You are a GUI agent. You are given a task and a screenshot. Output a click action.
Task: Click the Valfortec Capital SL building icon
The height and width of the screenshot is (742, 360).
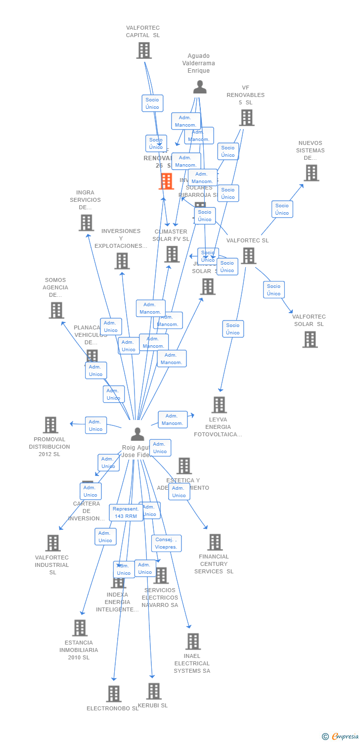pyautogui.click(x=144, y=50)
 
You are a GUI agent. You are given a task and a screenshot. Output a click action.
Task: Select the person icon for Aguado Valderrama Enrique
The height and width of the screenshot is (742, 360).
pyautogui.click(x=200, y=87)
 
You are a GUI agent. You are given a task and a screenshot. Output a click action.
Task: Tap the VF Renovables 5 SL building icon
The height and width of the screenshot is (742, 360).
pyautogui.click(x=247, y=118)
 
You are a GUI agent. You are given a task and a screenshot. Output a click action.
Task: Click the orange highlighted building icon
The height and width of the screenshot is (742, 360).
pyautogui.click(x=167, y=181)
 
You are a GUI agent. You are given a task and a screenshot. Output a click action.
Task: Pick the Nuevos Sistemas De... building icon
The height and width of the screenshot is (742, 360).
pyautogui.click(x=311, y=173)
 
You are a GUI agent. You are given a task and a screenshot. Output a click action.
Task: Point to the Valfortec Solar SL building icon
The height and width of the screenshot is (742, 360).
pyautogui.click(x=310, y=339)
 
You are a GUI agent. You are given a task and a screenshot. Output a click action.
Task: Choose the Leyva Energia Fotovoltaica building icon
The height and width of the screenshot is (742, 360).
pyautogui.click(x=219, y=405)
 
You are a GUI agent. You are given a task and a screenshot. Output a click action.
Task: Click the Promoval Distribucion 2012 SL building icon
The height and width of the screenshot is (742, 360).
pyautogui.click(x=50, y=425)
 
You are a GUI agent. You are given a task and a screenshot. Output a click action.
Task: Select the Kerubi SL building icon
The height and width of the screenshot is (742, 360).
pyautogui.click(x=154, y=691)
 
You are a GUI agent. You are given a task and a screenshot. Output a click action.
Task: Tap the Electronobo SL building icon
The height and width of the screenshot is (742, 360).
pyautogui.click(x=114, y=694)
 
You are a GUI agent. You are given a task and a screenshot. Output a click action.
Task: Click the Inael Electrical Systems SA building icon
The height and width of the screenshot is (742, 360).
pyautogui.click(x=193, y=642)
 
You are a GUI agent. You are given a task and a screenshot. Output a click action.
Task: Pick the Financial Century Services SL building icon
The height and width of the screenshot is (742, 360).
pyautogui.click(x=215, y=542)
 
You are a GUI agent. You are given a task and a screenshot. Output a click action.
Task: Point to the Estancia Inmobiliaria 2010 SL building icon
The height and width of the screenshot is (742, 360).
pyautogui.click(x=80, y=628)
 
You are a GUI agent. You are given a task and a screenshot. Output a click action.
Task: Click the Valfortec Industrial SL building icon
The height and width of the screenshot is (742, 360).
pyautogui.click(x=53, y=543)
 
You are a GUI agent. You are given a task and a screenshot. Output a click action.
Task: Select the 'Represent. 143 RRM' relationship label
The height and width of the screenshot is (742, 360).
pyautogui.click(x=126, y=512)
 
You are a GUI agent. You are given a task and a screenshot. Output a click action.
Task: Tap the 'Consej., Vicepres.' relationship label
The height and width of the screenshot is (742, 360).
pyautogui.click(x=166, y=543)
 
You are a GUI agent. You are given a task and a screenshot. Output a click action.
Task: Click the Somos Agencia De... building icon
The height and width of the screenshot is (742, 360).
pyautogui.click(x=56, y=310)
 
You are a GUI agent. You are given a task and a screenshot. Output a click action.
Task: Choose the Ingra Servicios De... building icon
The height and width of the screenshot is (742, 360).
pyautogui.click(x=87, y=223)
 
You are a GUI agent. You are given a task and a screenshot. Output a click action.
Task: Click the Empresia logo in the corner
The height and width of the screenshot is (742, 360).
pyautogui.click(x=341, y=737)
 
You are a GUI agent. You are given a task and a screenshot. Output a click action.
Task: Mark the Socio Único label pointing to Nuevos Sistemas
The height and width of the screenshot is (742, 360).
pyautogui.click(x=282, y=209)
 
